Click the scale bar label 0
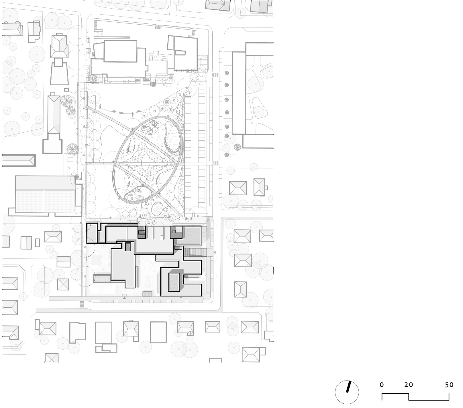click(x=382, y=385)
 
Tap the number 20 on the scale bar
click(x=409, y=385)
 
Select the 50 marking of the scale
click(x=449, y=385)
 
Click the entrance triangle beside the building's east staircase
click(x=215, y=252)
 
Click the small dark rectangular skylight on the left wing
click(x=128, y=247)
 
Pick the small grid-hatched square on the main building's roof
click(x=142, y=236)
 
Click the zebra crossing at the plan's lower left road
click(x=82, y=304)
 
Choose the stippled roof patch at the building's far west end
click(x=92, y=234)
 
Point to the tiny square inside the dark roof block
click(x=174, y=232)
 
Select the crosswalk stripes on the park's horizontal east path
click(x=215, y=163)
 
